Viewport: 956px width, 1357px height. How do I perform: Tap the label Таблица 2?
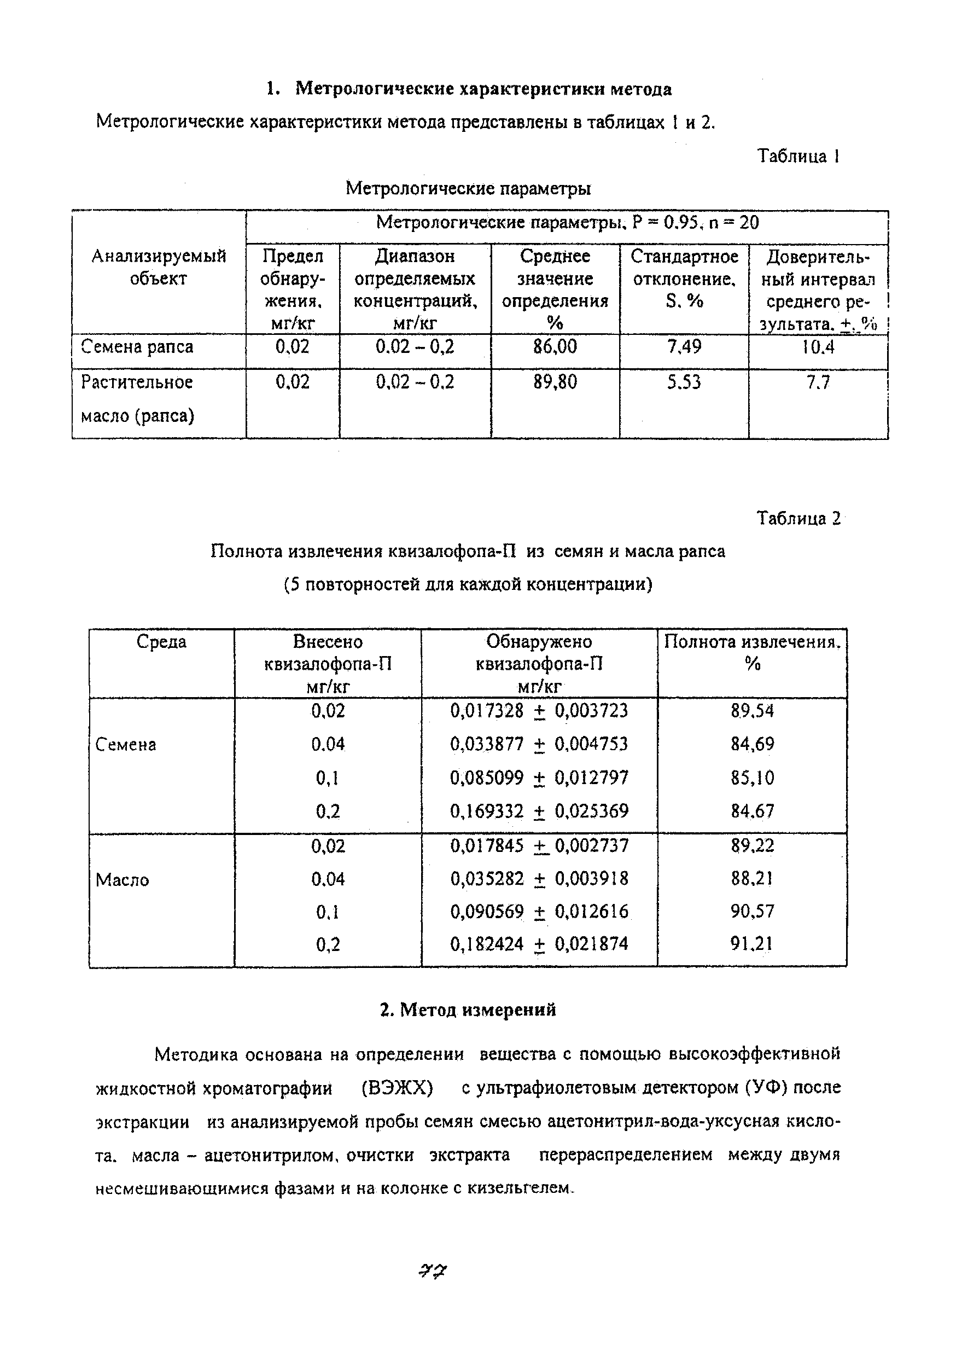[x=798, y=518]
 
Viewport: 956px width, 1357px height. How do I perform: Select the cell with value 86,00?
[x=555, y=346]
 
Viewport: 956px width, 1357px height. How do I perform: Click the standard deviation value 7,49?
[x=684, y=346]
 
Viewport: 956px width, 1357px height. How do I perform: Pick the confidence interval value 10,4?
[x=818, y=347]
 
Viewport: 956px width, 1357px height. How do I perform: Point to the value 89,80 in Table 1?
[x=555, y=382]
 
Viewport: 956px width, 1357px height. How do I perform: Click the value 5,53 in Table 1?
[x=684, y=382]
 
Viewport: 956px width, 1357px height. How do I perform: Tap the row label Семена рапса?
[x=137, y=346]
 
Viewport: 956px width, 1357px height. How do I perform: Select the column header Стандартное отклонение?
[x=684, y=279]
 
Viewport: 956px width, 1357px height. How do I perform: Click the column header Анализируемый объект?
[x=159, y=267]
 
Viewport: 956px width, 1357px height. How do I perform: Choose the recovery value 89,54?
[x=751, y=710]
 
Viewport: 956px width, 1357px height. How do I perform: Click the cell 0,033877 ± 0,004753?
[x=539, y=744]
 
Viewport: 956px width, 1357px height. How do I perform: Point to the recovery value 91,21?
[x=751, y=943]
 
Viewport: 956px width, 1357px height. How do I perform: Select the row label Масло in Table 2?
[x=123, y=880]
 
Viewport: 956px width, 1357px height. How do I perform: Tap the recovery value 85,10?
[x=751, y=777]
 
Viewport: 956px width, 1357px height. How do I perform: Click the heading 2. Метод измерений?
[x=468, y=1010]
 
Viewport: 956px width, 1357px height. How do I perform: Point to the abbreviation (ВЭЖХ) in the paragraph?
[x=397, y=1087]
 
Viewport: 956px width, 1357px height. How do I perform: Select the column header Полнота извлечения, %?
[x=752, y=652]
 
